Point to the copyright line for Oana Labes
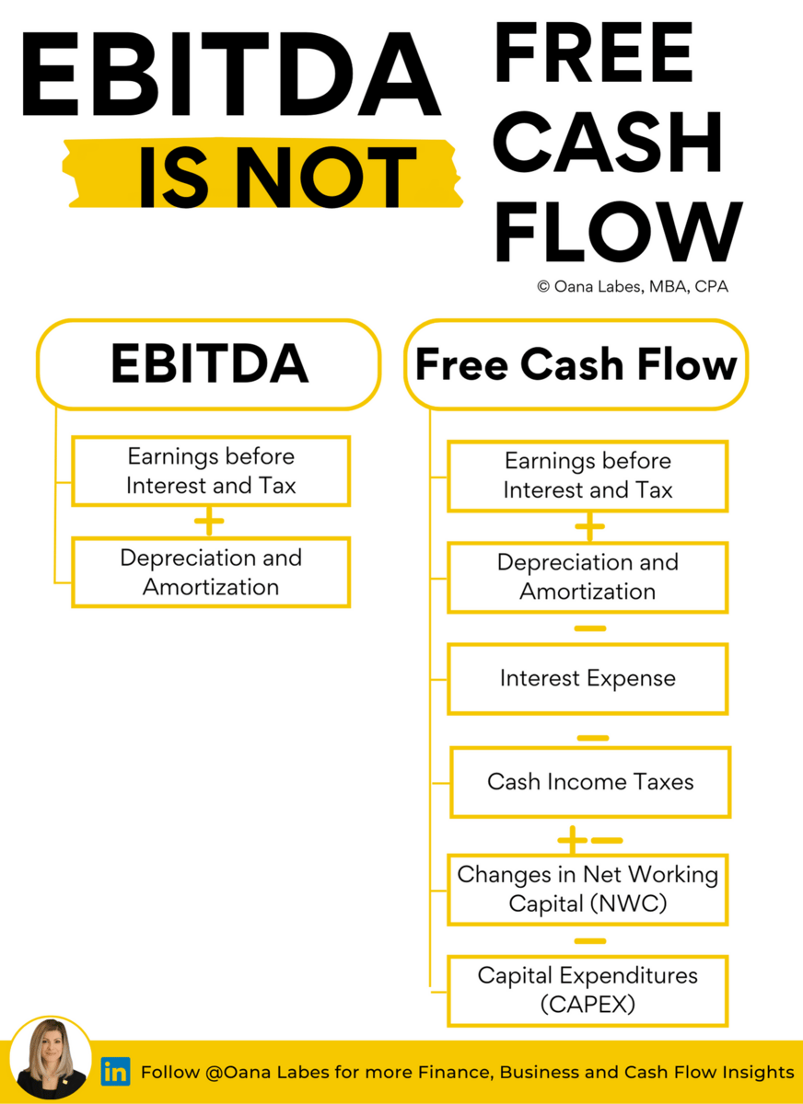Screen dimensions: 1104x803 click(x=633, y=286)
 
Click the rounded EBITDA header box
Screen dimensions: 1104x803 click(x=208, y=364)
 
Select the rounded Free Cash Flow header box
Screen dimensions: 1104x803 click(x=576, y=364)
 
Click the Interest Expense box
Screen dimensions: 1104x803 click(x=588, y=679)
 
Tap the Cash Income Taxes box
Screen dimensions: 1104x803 click(x=590, y=782)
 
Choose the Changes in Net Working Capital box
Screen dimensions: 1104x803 click(x=588, y=889)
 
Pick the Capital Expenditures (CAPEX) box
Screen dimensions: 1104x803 click(x=588, y=990)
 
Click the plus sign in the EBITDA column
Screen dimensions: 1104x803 click(x=209, y=523)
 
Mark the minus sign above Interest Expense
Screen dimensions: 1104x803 click(x=589, y=629)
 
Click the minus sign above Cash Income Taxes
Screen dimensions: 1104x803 click(x=592, y=738)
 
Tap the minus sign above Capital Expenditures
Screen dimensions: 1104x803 click(x=589, y=941)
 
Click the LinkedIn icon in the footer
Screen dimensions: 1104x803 click(x=115, y=1072)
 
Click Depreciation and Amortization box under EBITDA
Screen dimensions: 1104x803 click(x=211, y=572)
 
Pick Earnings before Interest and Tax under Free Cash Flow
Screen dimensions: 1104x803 click(x=588, y=476)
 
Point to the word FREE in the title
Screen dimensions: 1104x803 click(x=594, y=55)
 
